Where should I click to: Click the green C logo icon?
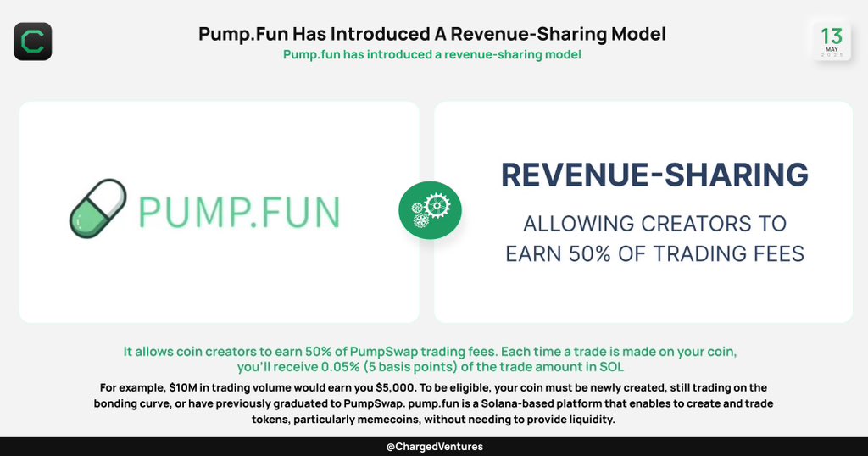coord(33,41)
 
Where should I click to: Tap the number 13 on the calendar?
coord(832,36)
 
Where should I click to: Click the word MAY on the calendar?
coord(832,50)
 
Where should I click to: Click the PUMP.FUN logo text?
coord(239,211)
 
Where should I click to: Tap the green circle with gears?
coord(430,210)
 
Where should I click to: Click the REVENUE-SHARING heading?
coord(654,175)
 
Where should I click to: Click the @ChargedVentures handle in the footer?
coord(434,447)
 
